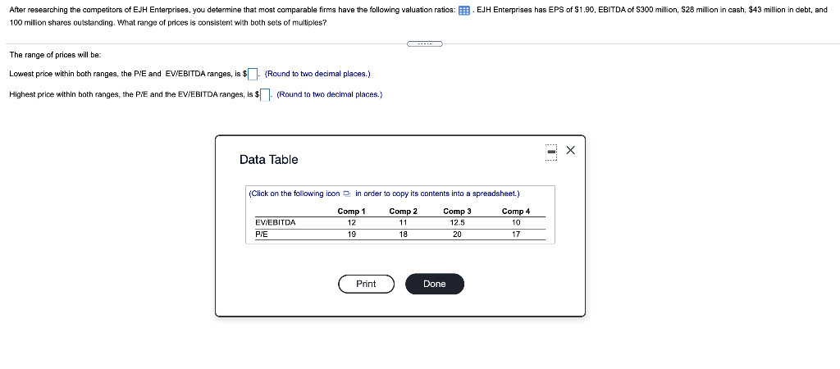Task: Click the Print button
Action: [x=366, y=284]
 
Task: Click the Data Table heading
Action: [x=268, y=159]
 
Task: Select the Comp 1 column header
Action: [x=351, y=211]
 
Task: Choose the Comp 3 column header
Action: [x=457, y=211]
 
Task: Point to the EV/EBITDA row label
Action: [x=276, y=221]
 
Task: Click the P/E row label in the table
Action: [x=262, y=234]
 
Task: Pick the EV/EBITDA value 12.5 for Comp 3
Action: [x=457, y=221]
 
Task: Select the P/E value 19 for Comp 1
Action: [x=351, y=234]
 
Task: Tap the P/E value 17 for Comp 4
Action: [x=516, y=234]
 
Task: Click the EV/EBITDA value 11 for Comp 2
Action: [x=403, y=221]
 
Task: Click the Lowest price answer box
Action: [x=253, y=75]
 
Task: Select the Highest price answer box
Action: [x=266, y=95]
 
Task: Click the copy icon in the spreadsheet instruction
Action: [x=347, y=194]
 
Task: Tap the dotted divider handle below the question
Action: [x=424, y=43]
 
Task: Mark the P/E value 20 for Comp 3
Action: [x=457, y=234]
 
